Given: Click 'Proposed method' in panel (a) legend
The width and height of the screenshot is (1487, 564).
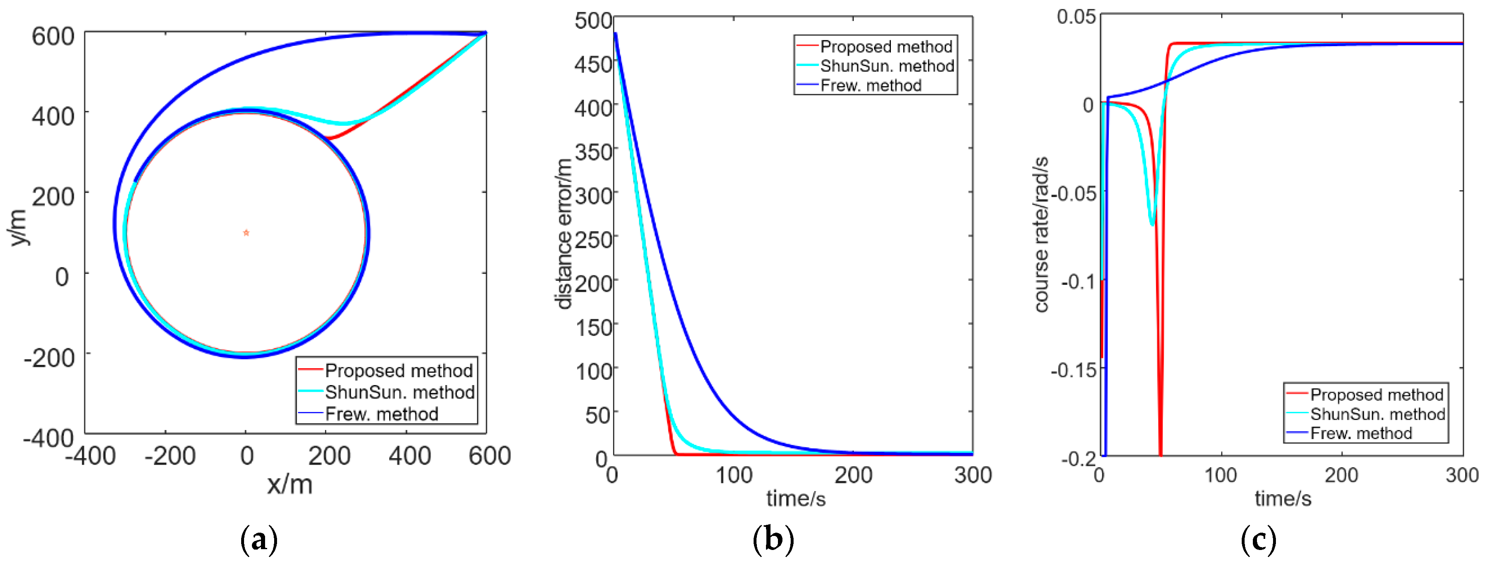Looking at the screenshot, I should [x=398, y=370].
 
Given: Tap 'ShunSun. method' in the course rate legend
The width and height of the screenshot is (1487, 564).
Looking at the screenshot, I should [x=1377, y=414].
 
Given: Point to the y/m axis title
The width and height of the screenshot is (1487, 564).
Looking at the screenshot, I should [x=19, y=228].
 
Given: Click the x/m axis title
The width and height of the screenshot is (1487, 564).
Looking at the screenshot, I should [x=289, y=484].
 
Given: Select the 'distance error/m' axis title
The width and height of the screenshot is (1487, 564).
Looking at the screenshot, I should [x=564, y=234].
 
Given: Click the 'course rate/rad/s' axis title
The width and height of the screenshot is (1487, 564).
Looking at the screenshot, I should [x=1041, y=234].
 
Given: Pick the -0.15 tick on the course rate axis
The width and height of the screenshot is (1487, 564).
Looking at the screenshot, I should [x=1073, y=369].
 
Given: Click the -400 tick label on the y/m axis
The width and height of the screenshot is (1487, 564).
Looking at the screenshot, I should [x=49, y=438].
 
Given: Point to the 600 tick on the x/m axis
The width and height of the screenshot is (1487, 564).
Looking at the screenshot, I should [x=489, y=456].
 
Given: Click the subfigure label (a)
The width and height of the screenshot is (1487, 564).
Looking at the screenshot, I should [x=258, y=540].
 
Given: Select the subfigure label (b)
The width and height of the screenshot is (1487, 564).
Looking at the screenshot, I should [x=773, y=540].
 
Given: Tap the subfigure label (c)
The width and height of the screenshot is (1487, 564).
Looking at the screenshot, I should [x=1259, y=540].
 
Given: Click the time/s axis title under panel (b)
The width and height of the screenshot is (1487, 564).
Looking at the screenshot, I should [x=796, y=498].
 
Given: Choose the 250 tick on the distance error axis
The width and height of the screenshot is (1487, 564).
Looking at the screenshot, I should [x=593, y=240].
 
